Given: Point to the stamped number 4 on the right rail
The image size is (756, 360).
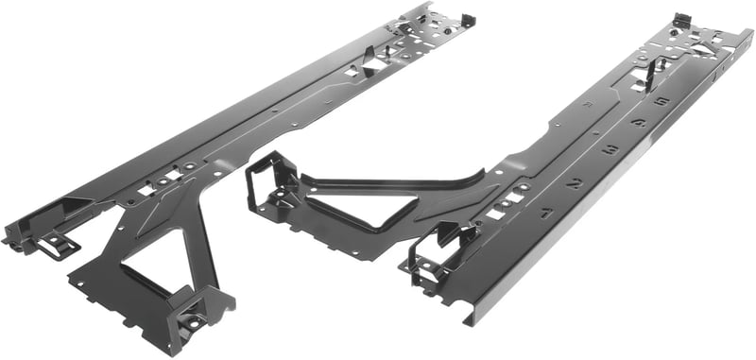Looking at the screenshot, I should tap(639, 123).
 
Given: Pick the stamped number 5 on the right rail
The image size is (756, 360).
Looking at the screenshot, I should tap(661, 100).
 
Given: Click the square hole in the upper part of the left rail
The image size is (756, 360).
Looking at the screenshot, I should tap(352, 70).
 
